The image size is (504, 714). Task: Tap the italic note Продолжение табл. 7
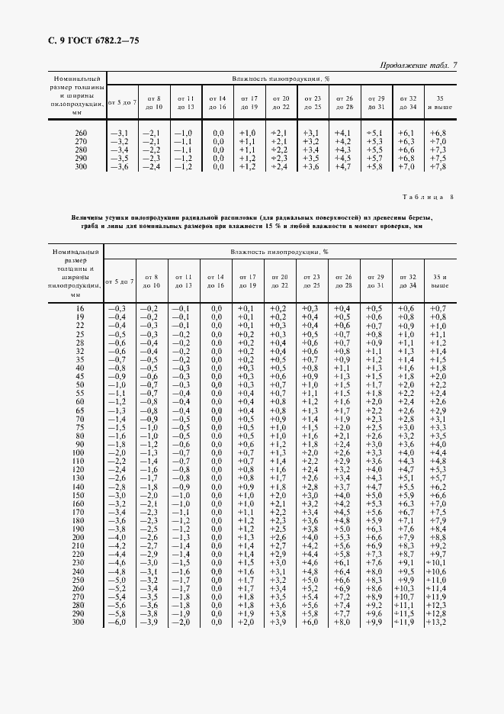[419, 66]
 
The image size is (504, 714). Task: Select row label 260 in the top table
[81, 133]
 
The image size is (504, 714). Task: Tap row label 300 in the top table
[81, 167]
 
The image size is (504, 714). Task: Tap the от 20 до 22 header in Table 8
[281, 281]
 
